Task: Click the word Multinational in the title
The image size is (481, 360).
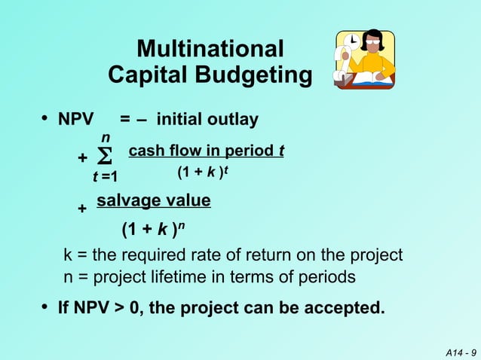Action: point(210,50)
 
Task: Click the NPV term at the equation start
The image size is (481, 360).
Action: point(76,120)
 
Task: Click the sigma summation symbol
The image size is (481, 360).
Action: point(106,159)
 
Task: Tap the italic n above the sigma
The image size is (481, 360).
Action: point(106,138)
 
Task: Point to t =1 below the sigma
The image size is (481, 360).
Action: point(105,178)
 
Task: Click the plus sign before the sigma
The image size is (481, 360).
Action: point(82,159)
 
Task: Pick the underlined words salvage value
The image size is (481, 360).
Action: point(154,200)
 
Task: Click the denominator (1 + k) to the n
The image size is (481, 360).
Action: point(153,228)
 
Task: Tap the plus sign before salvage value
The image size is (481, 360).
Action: point(82,209)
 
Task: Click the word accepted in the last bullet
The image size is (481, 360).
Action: point(344,308)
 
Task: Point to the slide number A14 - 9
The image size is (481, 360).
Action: point(460,352)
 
